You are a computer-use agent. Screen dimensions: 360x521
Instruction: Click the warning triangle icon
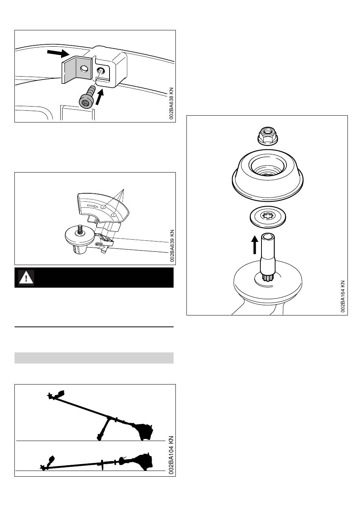click(26, 278)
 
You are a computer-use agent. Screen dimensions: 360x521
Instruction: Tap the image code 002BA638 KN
click(171, 104)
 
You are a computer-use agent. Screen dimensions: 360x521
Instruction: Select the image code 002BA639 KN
click(172, 246)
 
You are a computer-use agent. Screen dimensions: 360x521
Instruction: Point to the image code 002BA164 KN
click(343, 296)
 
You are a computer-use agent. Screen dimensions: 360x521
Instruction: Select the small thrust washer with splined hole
click(268, 217)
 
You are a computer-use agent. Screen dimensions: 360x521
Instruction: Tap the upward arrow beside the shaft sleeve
click(255, 245)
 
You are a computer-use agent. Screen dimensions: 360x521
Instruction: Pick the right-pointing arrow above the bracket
click(58, 53)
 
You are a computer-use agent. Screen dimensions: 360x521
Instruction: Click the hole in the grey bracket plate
click(84, 69)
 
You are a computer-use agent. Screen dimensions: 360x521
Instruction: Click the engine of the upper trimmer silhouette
click(143, 432)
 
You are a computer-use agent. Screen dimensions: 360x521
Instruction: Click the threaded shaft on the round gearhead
click(80, 229)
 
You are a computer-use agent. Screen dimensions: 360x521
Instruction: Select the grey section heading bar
click(94, 358)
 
